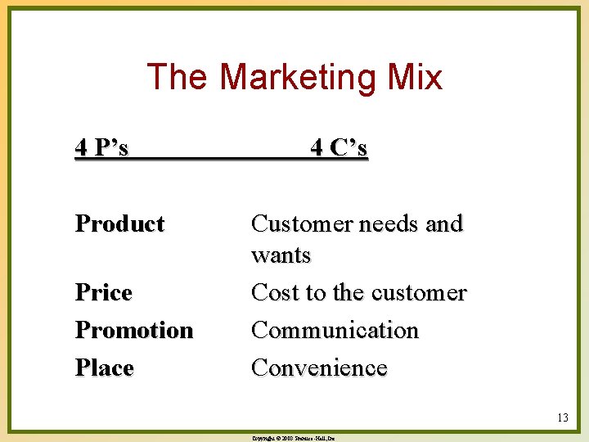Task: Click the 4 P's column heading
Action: click(x=101, y=148)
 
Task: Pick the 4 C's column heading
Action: click(x=339, y=148)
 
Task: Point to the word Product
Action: click(x=119, y=223)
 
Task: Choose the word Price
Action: click(x=104, y=292)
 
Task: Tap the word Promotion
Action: click(x=134, y=330)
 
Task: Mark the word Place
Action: click(x=104, y=368)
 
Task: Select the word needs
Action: click(x=382, y=223)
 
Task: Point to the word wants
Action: click(x=281, y=255)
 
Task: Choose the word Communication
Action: click(x=335, y=330)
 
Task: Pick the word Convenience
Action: click(x=319, y=368)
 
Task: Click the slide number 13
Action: click(x=562, y=418)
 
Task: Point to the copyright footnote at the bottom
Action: click(x=294, y=438)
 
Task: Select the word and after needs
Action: click(x=445, y=223)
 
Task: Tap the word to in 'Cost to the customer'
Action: click(x=315, y=292)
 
